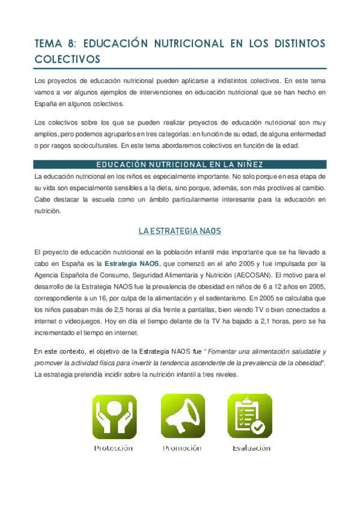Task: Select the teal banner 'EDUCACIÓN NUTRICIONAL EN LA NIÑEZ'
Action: coord(180,165)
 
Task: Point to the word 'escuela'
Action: coord(96,198)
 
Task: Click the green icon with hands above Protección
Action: coord(114,416)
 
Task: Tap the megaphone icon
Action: coord(182,416)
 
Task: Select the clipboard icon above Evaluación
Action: coord(249,416)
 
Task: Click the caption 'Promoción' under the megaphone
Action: coord(183,448)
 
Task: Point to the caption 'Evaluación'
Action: coord(251,448)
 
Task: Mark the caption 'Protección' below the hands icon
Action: coord(114,448)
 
